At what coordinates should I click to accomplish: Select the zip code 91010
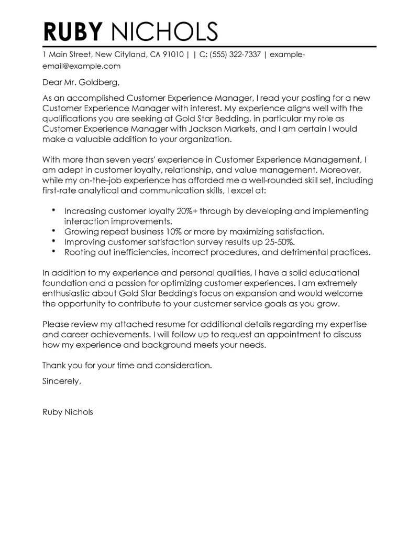point(172,54)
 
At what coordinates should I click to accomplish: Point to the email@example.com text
point(81,66)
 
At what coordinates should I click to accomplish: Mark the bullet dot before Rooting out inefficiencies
point(54,251)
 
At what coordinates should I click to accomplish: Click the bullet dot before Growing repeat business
point(54,230)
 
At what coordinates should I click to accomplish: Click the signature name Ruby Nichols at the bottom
point(68,412)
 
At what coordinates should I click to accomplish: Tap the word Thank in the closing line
point(53,365)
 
